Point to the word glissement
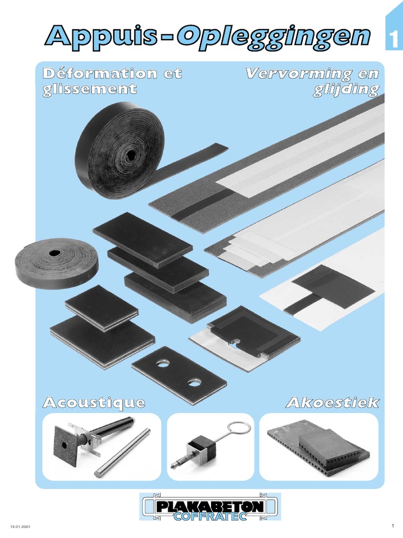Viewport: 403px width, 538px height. point(89,89)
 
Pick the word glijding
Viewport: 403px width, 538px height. point(346,90)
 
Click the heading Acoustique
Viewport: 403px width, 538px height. point(94,402)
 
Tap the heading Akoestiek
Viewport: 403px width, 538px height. point(333,402)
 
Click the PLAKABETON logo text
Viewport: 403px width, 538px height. point(210,506)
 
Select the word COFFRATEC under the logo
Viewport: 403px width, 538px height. point(210,516)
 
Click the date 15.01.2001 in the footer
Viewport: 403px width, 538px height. point(20,526)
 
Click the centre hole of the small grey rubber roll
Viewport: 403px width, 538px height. point(54,253)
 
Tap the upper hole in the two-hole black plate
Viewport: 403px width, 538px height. point(164,363)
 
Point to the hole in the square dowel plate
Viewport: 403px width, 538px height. point(64,444)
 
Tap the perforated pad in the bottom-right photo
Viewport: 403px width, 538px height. point(319,447)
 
